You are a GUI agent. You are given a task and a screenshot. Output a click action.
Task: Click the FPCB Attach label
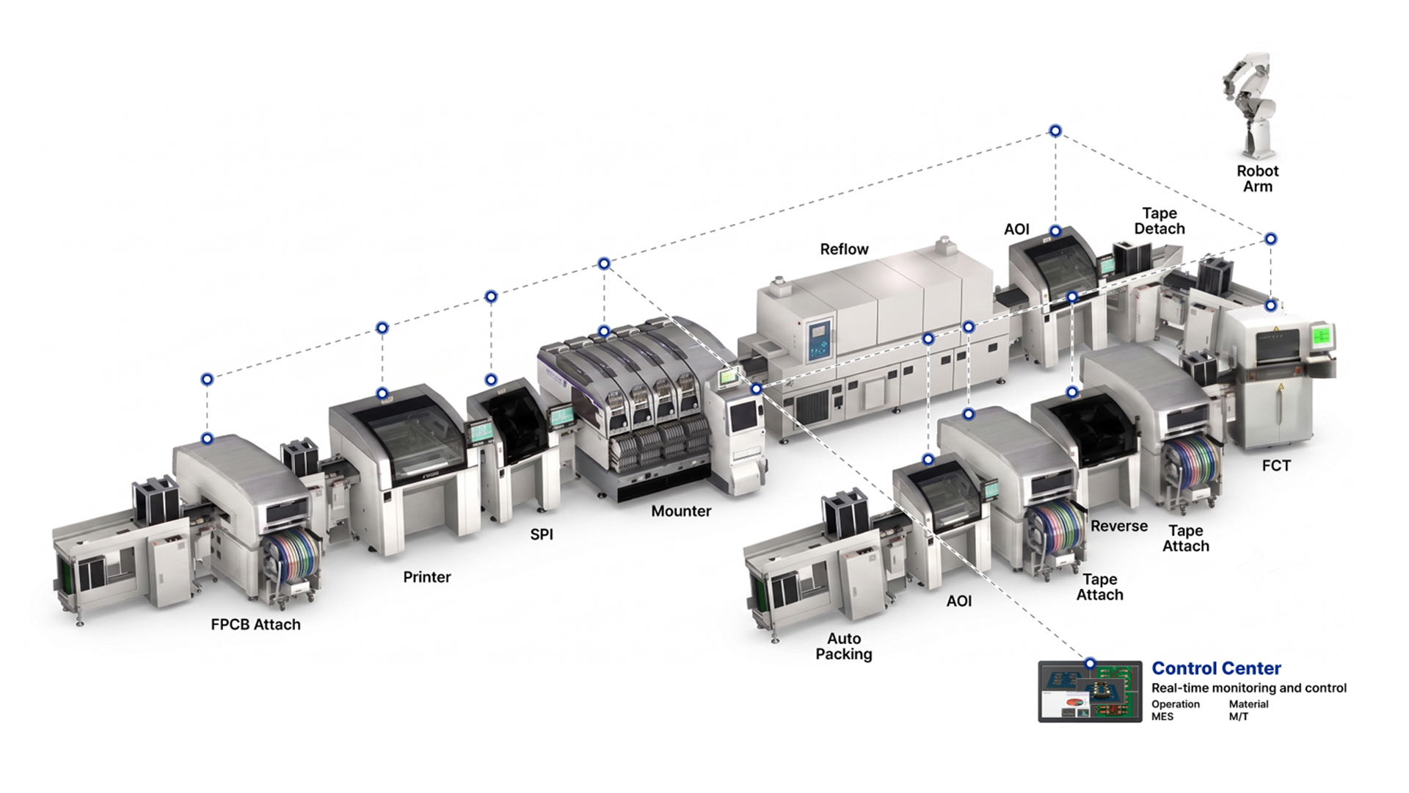[x=255, y=624]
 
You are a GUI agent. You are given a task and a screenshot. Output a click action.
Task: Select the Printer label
[x=426, y=577]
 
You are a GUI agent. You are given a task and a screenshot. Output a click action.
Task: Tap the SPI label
[x=542, y=535]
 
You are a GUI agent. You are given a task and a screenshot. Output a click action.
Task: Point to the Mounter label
[x=681, y=511]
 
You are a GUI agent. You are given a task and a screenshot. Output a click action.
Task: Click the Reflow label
[x=844, y=249]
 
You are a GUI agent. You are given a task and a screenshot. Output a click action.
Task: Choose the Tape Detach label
[x=1159, y=221]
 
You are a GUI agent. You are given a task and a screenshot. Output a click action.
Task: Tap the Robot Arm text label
[x=1257, y=178]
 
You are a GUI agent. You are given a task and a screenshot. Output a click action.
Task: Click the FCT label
[x=1275, y=466]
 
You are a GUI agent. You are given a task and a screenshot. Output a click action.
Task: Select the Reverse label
[x=1118, y=526]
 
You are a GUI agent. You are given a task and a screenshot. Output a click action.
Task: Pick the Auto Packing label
[x=844, y=646]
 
